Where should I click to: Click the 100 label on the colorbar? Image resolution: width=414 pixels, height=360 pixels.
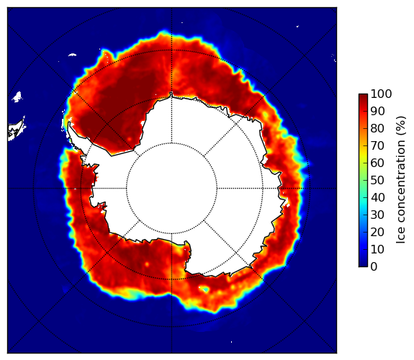click(x=382, y=94)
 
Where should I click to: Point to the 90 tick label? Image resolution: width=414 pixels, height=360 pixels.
click(x=377, y=111)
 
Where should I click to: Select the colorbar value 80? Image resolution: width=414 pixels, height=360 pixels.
click(x=377, y=128)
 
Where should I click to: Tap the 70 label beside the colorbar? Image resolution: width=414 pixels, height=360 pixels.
click(x=377, y=145)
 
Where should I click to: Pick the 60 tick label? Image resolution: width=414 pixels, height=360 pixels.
click(x=377, y=163)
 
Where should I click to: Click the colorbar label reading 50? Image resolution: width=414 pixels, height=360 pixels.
click(x=377, y=180)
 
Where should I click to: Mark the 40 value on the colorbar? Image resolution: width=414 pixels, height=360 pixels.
click(x=377, y=197)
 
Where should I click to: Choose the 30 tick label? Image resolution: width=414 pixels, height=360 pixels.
click(x=377, y=215)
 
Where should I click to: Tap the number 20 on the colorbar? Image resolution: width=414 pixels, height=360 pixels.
click(x=377, y=232)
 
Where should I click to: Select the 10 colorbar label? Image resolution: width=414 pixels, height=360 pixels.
click(x=377, y=249)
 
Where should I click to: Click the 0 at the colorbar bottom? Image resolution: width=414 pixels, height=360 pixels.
click(x=374, y=267)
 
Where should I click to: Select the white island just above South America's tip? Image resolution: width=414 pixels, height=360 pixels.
click(x=17, y=97)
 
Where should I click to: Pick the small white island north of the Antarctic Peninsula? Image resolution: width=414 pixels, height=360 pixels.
click(x=72, y=55)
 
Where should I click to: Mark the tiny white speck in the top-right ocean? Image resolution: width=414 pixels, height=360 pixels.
click(x=297, y=26)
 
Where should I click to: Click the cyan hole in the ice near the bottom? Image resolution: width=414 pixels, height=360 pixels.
click(x=205, y=289)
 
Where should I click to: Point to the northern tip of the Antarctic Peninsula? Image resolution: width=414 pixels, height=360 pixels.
click(x=69, y=123)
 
